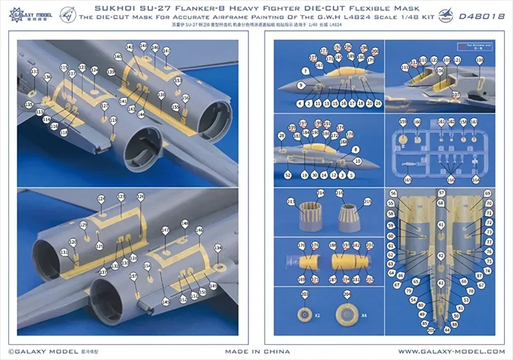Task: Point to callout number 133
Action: coord(34,72)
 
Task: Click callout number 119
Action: coord(113,120)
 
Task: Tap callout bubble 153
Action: coord(178,81)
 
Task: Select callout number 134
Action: coord(218,248)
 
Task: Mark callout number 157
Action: coord(133,276)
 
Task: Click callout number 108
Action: coord(480,60)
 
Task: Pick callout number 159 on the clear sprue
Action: coord(403,122)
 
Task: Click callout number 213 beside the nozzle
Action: coord(291,201)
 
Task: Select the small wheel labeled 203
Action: coord(305,314)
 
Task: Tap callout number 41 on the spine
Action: coord(441,224)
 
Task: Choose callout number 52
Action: coord(287,175)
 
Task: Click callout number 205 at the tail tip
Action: coord(432,330)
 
